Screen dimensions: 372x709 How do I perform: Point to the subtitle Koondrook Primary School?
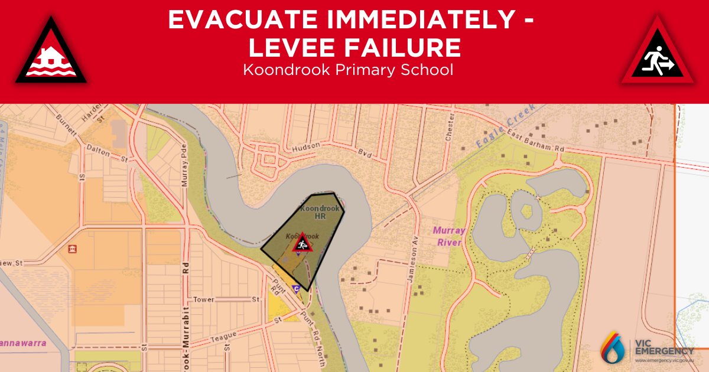point(348,70)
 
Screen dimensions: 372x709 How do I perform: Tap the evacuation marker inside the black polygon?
point(302,242)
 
